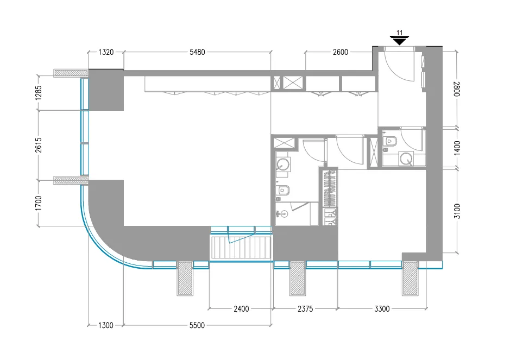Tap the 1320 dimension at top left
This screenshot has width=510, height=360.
[106, 52]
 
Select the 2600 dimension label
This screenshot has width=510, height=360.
[341, 52]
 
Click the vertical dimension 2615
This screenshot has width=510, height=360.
[39, 144]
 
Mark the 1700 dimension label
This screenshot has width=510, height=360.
[39, 202]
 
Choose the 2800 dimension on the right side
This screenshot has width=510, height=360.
[457, 88]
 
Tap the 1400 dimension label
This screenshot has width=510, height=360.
[457, 148]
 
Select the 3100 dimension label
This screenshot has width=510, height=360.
[457, 211]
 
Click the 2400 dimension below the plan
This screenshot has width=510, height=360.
[241, 309]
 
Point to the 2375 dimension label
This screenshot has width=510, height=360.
[305, 309]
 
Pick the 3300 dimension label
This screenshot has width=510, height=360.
[382, 309]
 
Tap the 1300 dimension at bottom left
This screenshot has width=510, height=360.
[106, 325]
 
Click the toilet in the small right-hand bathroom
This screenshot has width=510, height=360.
[389, 141]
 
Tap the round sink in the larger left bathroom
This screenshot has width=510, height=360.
[283, 163]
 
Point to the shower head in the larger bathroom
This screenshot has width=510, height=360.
[279, 213]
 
